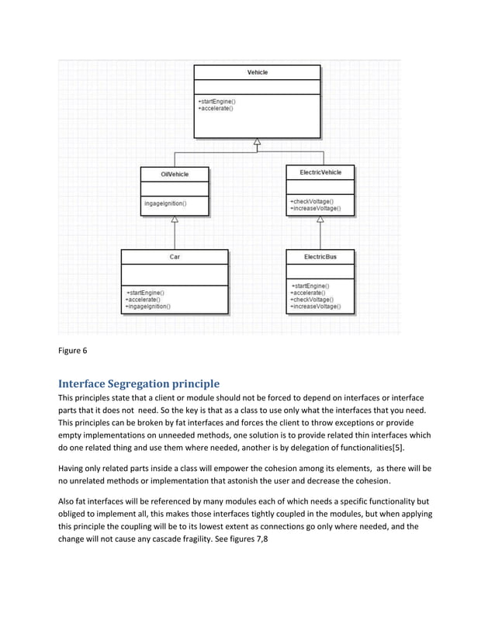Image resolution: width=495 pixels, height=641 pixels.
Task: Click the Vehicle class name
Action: coord(257,72)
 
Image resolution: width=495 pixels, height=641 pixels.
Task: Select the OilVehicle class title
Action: coord(175,175)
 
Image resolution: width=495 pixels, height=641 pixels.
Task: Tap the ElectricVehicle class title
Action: coord(320,172)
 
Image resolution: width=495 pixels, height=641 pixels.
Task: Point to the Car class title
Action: coord(175,256)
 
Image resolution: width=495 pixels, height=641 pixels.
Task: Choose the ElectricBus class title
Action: coord(320,256)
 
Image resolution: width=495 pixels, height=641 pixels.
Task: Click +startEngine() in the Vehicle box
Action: coord(217,102)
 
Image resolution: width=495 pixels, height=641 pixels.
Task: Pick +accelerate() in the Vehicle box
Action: coord(216,109)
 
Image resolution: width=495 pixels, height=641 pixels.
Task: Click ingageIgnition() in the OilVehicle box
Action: coord(164,203)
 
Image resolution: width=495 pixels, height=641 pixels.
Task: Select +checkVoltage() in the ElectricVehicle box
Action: coord(311,201)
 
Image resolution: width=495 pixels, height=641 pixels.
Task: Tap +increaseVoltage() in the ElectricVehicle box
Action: coord(314,208)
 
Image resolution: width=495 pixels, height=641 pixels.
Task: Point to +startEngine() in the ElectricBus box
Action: coord(309,286)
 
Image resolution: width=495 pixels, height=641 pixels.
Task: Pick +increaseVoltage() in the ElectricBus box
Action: coord(314,307)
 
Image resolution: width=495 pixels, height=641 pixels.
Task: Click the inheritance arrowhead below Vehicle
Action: coord(257,142)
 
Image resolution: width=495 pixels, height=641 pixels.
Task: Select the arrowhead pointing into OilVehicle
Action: coord(175,220)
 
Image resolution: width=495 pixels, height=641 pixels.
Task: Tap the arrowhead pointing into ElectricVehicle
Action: coord(320,220)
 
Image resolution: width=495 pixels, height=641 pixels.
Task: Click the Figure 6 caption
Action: coord(73,351)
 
